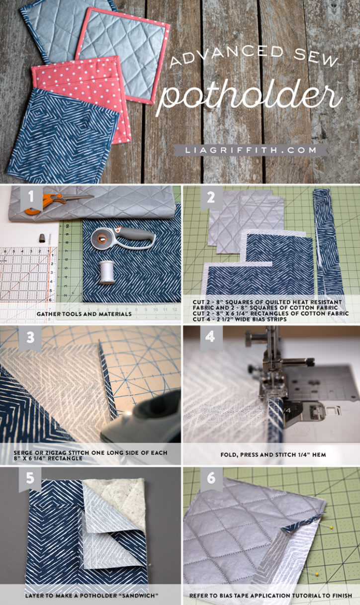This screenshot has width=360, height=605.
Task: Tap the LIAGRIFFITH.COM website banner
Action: (x=250, y=149)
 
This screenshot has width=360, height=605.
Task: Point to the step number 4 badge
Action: (x=211, y=338)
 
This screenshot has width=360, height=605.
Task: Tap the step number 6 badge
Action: (x=211, y=479)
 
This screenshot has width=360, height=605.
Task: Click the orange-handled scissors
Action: (x=50, y=200)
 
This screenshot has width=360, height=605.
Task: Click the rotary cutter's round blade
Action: (x=101, y=239)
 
